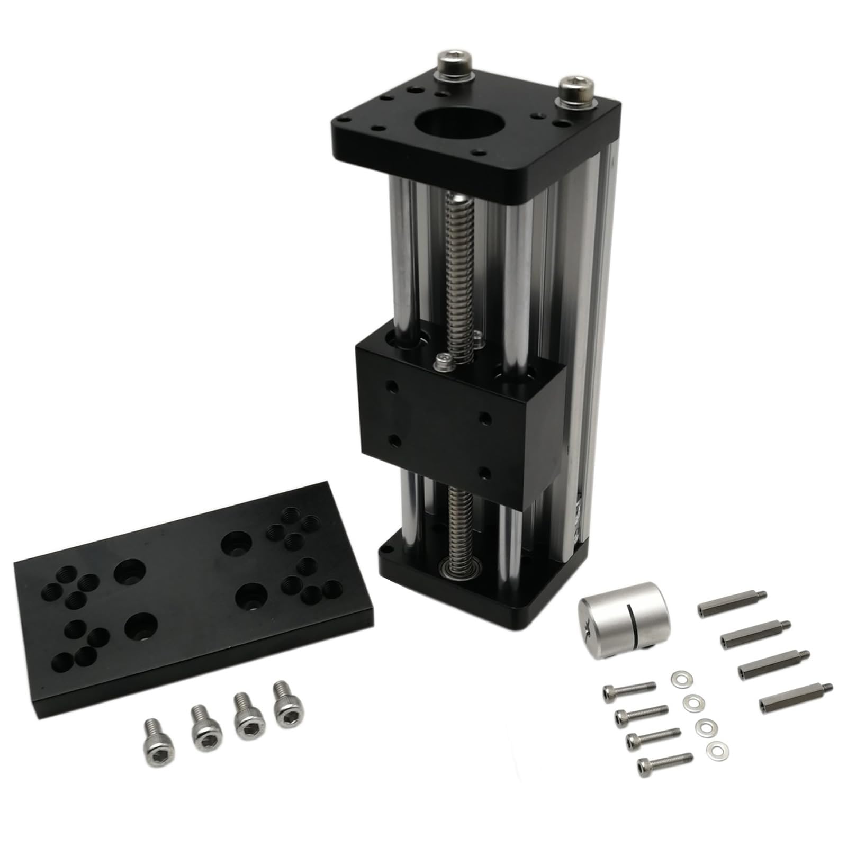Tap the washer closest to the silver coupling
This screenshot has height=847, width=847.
tap(678, 678)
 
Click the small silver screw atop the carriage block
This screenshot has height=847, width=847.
tap(444, 362)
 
